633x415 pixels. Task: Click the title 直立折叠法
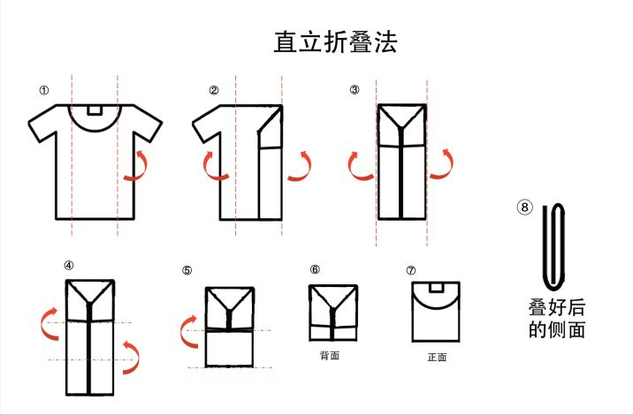(335, 42)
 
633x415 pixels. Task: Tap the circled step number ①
(44, 90)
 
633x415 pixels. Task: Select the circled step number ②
(214, 90)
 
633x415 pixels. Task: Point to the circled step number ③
(355, 89)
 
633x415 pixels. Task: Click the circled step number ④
(69, 266)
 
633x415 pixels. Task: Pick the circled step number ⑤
(187, 270)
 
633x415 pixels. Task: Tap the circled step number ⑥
(315, 269)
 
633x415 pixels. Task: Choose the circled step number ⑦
(411, 270)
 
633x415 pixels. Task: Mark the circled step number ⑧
(524, 207)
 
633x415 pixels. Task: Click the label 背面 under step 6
(330, 355)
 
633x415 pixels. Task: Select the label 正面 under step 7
(437, 357)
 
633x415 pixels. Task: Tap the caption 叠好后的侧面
(557, 319)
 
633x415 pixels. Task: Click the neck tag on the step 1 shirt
(95, 109)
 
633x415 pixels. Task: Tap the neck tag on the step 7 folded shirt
(436, 287)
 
